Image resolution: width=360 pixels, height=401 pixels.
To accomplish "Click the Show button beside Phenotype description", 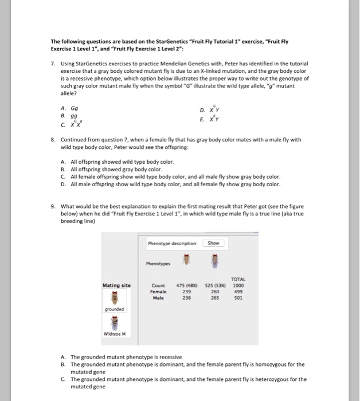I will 213,243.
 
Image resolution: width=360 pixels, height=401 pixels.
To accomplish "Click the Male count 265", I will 214,297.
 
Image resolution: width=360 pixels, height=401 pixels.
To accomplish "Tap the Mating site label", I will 116,285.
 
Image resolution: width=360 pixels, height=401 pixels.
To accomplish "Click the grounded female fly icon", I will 114,298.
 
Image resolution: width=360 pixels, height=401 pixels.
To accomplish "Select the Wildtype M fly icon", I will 114,323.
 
